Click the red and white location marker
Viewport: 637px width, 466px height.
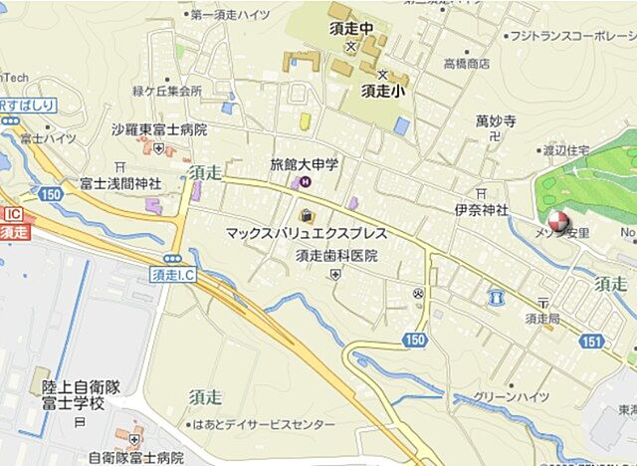point(557,221)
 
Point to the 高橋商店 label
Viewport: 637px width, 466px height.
point(466,63)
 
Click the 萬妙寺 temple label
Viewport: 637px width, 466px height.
point(495,121)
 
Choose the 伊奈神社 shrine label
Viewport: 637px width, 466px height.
point(481,210)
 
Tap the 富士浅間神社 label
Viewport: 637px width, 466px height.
point(120,183)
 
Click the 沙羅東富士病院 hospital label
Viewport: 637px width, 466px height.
point(158,129)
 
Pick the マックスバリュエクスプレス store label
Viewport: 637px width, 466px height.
point(303,235)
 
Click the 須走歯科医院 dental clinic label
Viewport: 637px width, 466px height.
point(336,255)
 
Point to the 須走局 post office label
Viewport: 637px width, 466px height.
point(544,318)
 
